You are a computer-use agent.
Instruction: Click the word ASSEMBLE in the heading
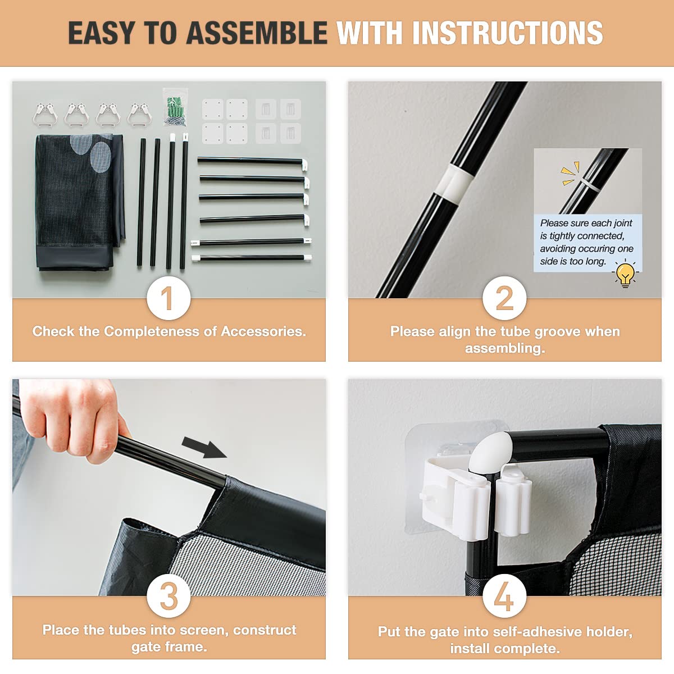[x=257, y=33]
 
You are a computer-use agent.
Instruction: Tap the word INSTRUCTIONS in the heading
[x=508, y=33]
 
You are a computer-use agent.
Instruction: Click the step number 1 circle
[x=168, y=298]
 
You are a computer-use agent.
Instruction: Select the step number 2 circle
[x=504, y=298]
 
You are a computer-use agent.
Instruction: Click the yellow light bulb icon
[x=625, y=274]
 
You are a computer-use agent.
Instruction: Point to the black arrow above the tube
[x=204, y=447]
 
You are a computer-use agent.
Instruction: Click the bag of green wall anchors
[x=176, y=107]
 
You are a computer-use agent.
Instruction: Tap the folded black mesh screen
[x=79, y=202]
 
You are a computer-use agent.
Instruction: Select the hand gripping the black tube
[x=72, y=418]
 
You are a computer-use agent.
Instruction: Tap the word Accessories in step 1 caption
[x=263, y=331]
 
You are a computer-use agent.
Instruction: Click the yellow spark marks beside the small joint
[x=569, y=173]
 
